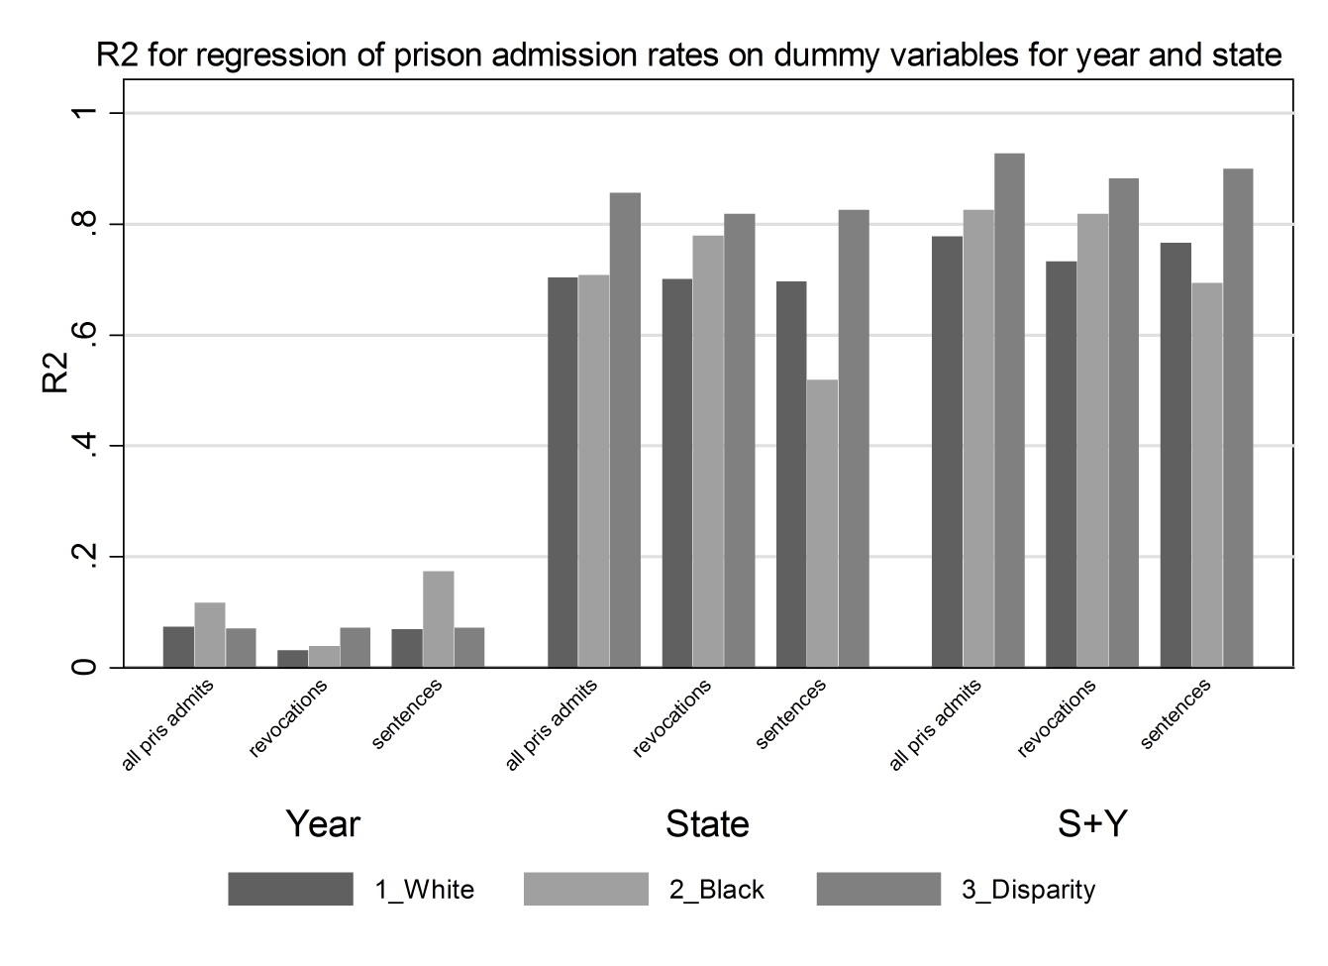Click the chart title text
(x=688, y=54)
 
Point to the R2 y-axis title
(x=56, y=376)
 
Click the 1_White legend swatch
(x=290, y=889)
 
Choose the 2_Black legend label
(x=716, y=890)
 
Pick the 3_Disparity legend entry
(x=1028, y=890)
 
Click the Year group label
(x=323, y=823)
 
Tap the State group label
(x=707, y=823)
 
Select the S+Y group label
(x=1091, y=823)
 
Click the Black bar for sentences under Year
(x=438, y=619)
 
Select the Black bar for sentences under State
(x=822, y=523)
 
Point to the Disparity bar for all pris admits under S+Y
(x=1009, y=410)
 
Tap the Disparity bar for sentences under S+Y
(x=1238, y=418)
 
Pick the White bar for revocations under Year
(x=292, y=659)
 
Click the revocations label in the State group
(x=672, y=718)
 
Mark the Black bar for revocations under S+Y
(x=1092, y=441)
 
